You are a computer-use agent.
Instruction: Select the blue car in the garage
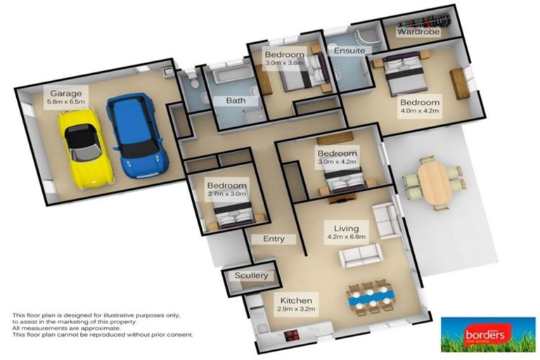134,135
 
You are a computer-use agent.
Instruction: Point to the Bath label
236,101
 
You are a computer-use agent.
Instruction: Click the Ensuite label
349,51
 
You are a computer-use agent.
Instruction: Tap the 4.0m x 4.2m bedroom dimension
419,110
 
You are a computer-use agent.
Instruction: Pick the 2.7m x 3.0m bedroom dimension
226,194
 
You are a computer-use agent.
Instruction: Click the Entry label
274,239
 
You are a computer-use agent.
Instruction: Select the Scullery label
251,276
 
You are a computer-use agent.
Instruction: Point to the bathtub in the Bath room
229,79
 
